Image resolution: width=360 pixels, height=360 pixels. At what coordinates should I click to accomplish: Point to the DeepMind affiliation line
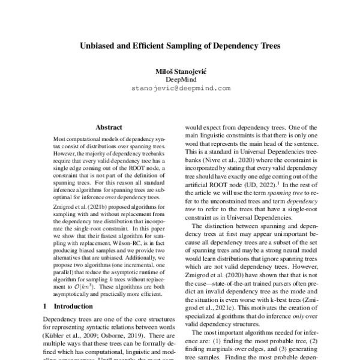(x=180, y=79)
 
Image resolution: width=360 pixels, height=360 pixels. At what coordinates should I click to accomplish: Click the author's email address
(x=180, y=88)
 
